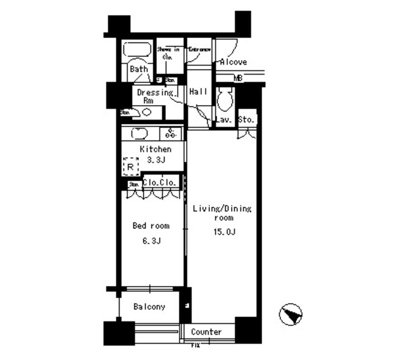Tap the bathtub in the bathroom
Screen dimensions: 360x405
(135, 51)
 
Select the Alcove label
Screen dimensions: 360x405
(233, 62)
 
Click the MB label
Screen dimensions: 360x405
(238, 78)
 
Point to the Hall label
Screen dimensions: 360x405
(198, 92)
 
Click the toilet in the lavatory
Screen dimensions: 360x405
(225, 98)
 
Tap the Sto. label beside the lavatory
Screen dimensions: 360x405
(246, 119)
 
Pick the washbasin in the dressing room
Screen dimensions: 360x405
(146, 113)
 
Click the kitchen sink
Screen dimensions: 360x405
(139, 133)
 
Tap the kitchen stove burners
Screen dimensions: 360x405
(171, 133)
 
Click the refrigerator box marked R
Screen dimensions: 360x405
(130, 166)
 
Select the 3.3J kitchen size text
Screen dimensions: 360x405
(156, 159)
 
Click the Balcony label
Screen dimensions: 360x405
(149, 307)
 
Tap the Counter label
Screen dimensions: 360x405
(206, 332)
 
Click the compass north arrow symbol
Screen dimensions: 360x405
(291, 314)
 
